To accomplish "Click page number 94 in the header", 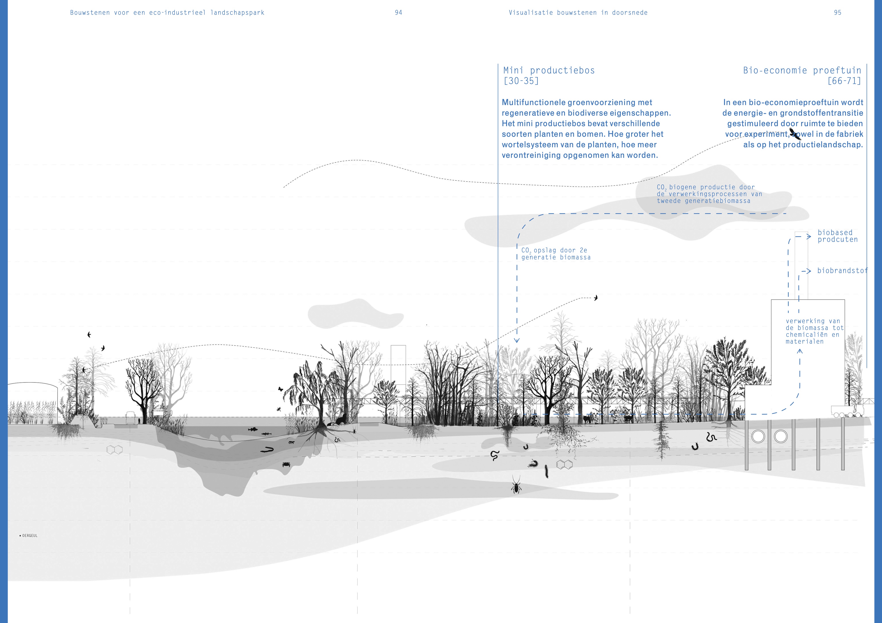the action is [398, 13].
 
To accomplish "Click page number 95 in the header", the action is [837, 13].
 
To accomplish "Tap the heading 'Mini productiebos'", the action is [549, 70].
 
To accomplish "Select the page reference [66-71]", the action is [844, 81].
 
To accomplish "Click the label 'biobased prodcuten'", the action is [837, 236].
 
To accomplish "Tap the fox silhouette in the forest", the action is [587, 419].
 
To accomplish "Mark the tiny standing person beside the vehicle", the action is [139, 421].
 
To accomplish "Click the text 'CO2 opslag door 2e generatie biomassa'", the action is [556, 254].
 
